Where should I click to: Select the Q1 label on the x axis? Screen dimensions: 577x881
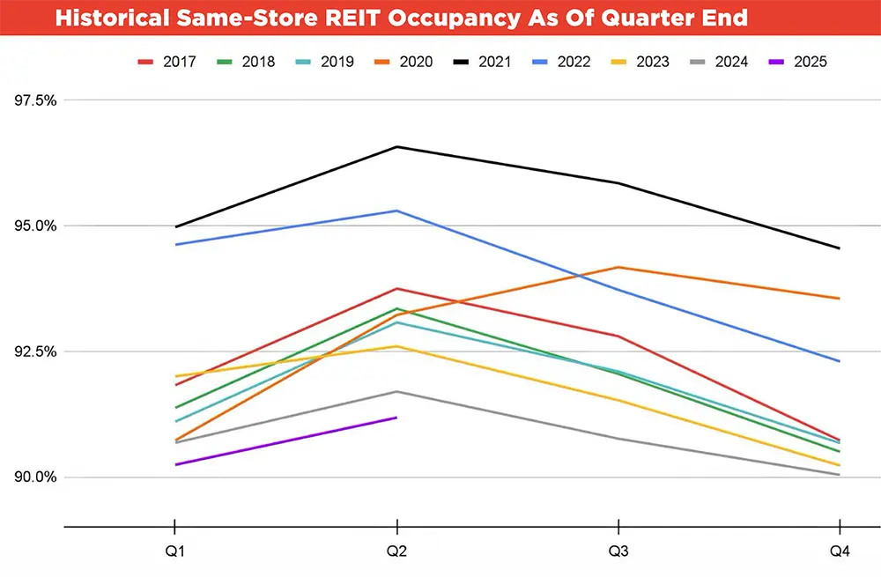point(174,551)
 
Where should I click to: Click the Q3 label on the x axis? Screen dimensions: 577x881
point(618,551)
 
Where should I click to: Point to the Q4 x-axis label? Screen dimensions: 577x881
point(840,551)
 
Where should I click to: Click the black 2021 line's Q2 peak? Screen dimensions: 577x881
point(396,146)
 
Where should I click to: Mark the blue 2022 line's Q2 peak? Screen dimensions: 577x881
point(396,211)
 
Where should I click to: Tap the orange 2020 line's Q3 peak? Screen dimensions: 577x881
point(618,267)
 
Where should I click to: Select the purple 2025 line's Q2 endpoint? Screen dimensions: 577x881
point(396,418)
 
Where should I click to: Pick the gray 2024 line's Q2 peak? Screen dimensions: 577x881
point(396,391)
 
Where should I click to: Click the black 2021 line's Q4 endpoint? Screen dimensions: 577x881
point(840,248)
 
